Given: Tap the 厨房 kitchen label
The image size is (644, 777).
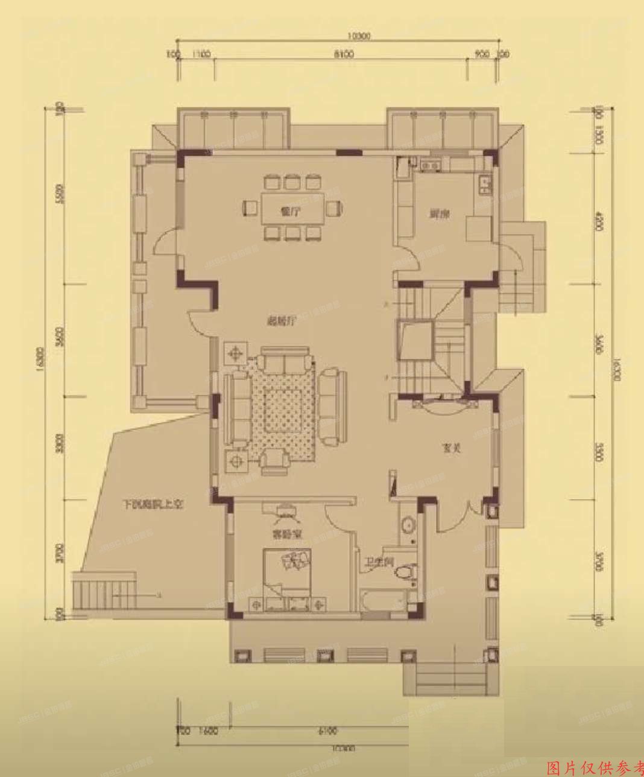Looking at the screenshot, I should click(x=438, y=214).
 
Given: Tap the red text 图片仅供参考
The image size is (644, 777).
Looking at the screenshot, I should click(x=595, y=768).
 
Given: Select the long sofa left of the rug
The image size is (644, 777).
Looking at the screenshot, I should click(x=236, y=408).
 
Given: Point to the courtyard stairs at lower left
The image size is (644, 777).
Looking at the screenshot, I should click(x=103, y=593).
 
